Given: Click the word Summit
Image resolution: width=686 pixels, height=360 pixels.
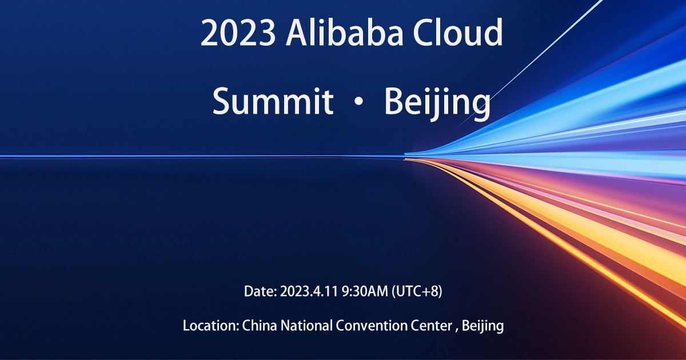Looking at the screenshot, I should click(x=273, y=102).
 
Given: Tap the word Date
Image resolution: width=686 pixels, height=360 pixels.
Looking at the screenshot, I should click(x=259, y=291).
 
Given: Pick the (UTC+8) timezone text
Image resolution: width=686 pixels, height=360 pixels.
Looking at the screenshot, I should click(x=417, y=291).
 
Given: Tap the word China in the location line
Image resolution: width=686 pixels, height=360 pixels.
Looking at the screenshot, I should click(x=257, y=326).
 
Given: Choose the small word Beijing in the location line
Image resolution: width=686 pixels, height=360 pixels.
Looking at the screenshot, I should click(x=482, y=326).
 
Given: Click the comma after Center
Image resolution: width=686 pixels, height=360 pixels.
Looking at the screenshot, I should click(x=457, y=330).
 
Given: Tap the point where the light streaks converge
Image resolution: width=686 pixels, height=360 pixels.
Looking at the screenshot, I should click(x=407, y=155).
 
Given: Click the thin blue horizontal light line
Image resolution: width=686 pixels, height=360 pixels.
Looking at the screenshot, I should click(x=171, y=156).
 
